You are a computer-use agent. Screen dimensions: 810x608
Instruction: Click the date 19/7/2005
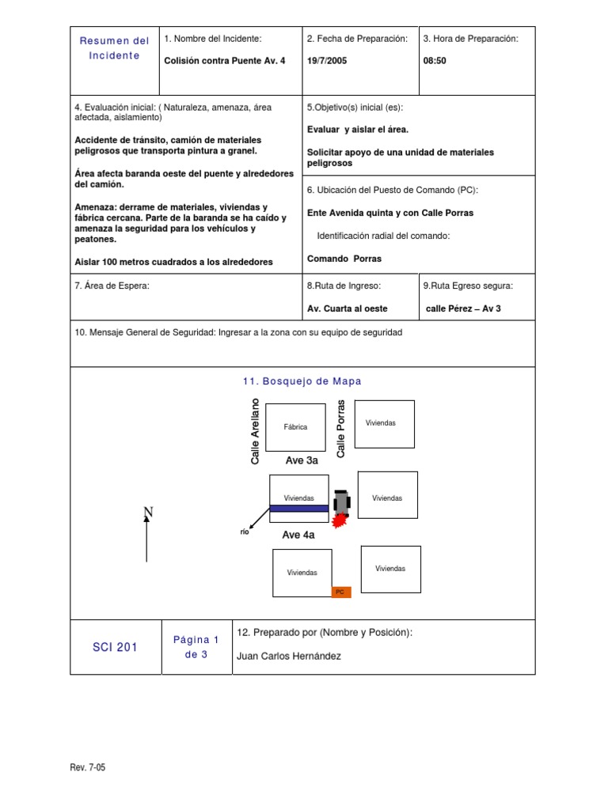(x=326, y=60)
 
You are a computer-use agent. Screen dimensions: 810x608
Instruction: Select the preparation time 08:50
(x=435, y=60)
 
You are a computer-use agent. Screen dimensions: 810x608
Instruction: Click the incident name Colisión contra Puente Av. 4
(x=224, y=60)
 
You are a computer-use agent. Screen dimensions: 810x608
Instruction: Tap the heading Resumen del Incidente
(x=115, y=48)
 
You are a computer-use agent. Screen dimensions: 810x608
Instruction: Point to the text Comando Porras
(x=344, y=259)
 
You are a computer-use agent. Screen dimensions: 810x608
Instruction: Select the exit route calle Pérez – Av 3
(x=463, y=308)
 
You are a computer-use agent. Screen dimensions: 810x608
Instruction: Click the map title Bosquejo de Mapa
(x=302, y=381)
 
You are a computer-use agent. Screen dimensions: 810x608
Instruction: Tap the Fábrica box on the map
(x=295, y=427)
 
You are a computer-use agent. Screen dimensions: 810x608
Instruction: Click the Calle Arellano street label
(x=255, y=432)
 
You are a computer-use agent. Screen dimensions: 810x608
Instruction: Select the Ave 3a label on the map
(x=302, y=460)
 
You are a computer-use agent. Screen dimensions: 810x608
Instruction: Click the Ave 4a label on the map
(x=298, y=536)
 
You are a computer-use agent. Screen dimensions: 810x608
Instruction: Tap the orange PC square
(x=340, y=591)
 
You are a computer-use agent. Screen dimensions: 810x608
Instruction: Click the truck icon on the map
(x=341, y=502)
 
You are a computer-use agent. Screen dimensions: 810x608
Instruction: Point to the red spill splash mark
(x=340, y=520)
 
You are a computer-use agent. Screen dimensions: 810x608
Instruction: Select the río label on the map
(x=245, y=532)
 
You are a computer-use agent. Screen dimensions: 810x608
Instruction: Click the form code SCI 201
(x=116, y=647)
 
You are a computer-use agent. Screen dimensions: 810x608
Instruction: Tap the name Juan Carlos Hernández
(x=290, y=656)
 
